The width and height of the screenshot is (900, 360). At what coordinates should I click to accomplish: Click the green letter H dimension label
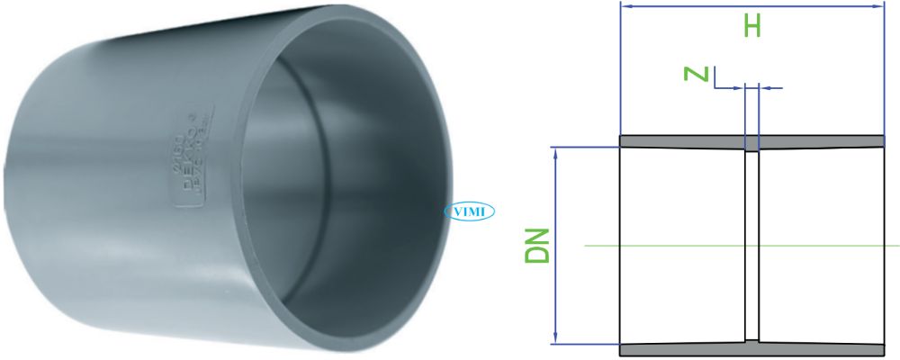(x=752, y=26)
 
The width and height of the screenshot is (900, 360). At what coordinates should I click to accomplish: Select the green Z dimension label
(x=696, y=73)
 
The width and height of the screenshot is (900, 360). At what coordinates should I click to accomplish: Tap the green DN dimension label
(x=537, y=245)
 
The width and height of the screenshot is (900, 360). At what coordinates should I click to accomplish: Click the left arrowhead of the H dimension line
(x=626, y=6)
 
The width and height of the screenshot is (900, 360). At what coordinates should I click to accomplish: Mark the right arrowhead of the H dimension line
(x=880, y=6)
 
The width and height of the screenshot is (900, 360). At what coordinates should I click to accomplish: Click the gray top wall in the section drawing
(x=684, y=142)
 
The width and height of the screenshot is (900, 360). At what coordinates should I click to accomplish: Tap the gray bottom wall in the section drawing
(x=684, y=348)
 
